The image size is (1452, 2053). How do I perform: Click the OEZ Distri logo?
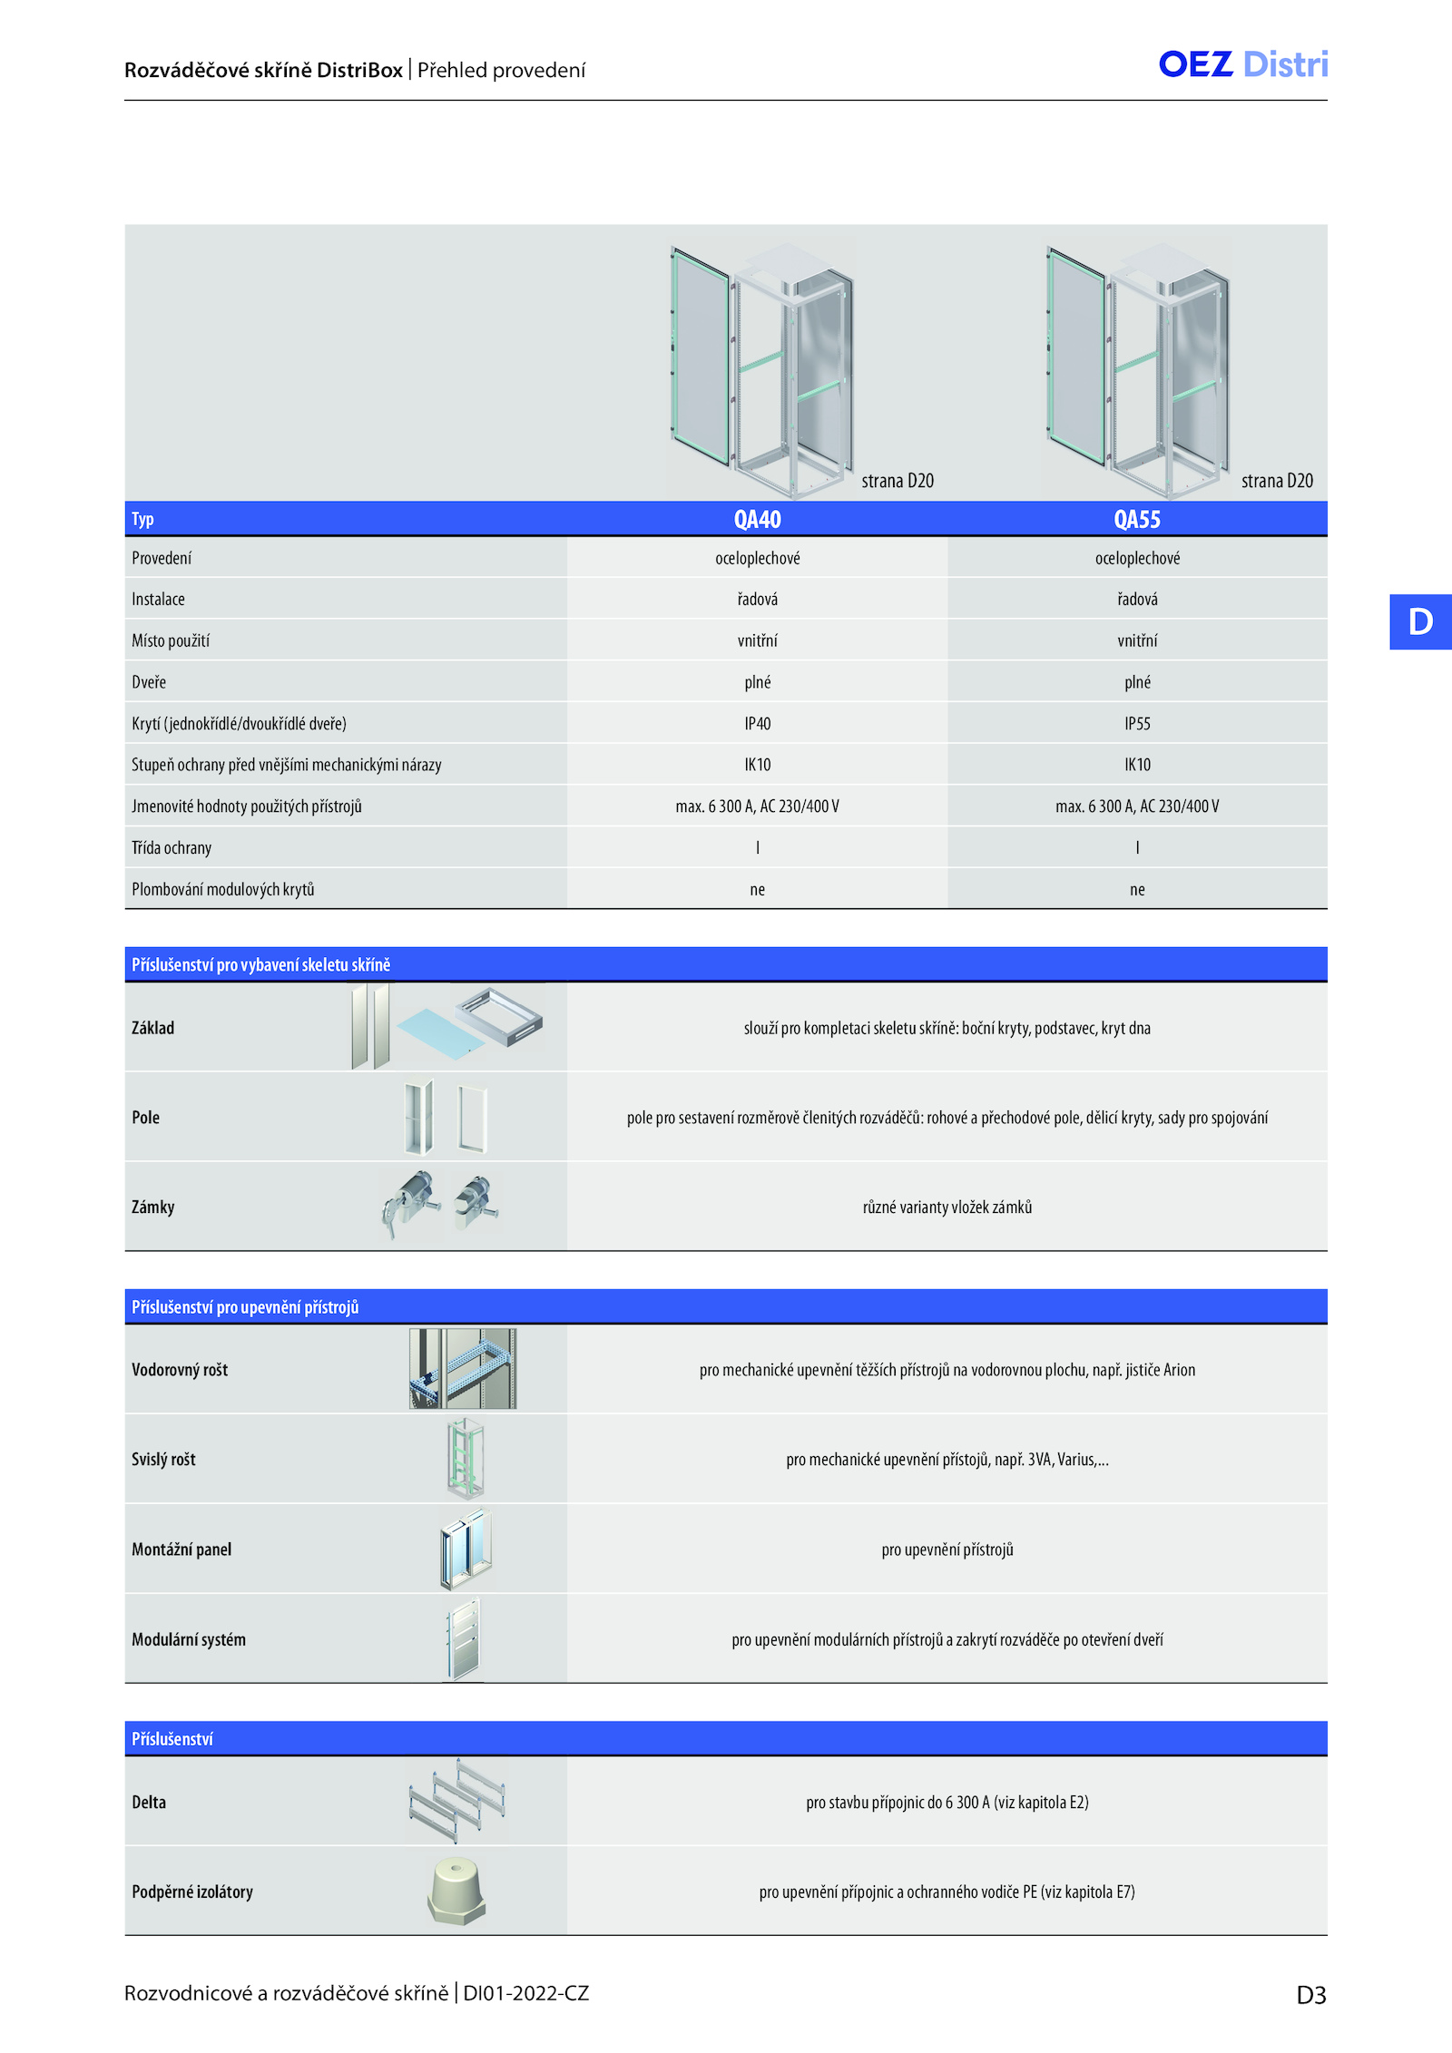point(1243,64)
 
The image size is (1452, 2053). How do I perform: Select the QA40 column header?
point(757,519)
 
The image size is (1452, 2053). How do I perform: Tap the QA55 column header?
point(1137,519)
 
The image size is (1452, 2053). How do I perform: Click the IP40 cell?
point(757,723)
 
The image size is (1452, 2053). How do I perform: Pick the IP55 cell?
point(1137,723)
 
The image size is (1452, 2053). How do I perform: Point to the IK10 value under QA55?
point(1137,765)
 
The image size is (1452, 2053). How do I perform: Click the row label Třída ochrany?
point(172,847)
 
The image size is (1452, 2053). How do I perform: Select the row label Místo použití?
point(171,640)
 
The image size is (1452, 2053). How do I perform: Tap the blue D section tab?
point(1420,621)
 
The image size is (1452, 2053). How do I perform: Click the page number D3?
point(1311,1994)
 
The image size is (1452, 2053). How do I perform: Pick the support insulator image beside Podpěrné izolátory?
point(456,1891)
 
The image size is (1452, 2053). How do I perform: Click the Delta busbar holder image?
point(456,1801)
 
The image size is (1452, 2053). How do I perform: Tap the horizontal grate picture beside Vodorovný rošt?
point(463,1368)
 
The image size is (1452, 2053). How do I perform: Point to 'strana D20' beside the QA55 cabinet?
point(1277,481)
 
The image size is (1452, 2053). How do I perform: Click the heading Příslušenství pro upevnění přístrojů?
point(245,1306)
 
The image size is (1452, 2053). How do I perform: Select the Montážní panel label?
point(181,1549)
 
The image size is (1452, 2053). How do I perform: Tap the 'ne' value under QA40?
point(757,890)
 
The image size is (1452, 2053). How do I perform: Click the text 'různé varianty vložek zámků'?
point(947,1207)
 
